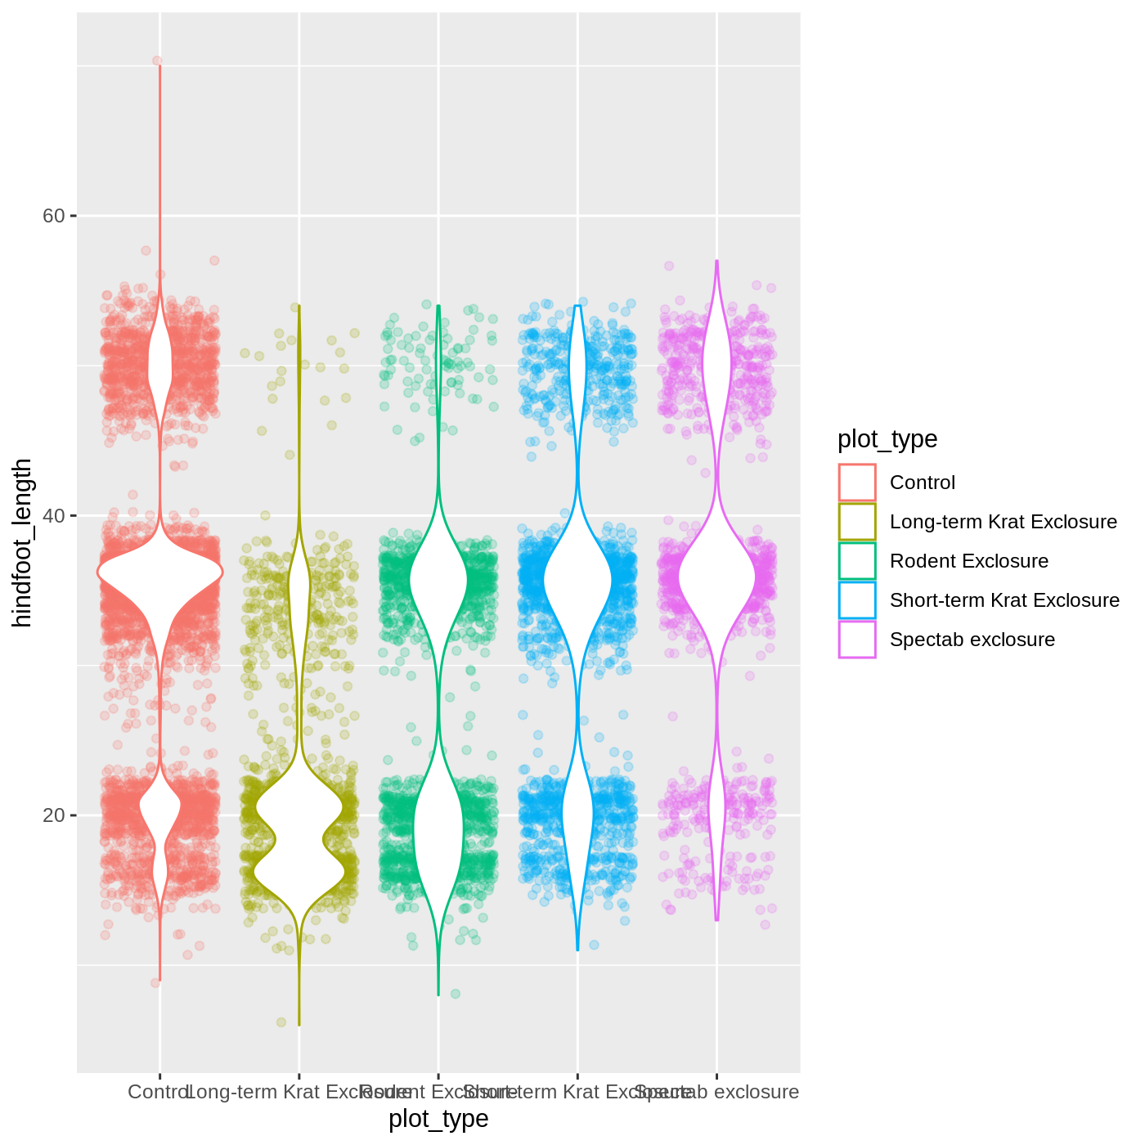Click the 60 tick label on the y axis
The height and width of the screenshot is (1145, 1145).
click(53, 216)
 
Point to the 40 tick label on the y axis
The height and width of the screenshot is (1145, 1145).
click(53, 516)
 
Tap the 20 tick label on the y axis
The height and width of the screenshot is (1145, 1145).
click(53, 815)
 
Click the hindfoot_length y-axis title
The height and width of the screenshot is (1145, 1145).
click(23, 543)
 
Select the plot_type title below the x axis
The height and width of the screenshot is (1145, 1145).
click(438, 1119)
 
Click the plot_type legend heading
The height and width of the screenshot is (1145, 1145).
click(887, 439)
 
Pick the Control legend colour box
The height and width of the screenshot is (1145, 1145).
click(857, 483)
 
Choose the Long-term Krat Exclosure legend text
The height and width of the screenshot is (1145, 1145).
click(1004, 522)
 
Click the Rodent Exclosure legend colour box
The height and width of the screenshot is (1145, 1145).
click(857, 561)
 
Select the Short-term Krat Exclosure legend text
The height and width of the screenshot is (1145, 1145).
click(1004, 600)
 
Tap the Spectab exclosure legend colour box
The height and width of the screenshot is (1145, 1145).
click(857, 640)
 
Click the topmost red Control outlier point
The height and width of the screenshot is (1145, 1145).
click(157, 61)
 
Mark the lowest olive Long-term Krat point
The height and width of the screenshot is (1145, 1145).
click(281, 1022)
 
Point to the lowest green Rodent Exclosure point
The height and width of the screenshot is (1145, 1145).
click(456, 994)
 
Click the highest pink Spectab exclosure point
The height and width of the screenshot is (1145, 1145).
click(669, 266)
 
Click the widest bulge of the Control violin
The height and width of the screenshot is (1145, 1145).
click(160, 572)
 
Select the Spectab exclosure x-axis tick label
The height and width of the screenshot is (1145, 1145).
click(717, 1093)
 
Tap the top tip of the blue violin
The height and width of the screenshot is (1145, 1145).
click(577, 306)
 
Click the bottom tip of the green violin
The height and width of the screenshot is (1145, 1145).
click(438, 995)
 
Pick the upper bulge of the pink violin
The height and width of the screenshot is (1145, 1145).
click(717, 364)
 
